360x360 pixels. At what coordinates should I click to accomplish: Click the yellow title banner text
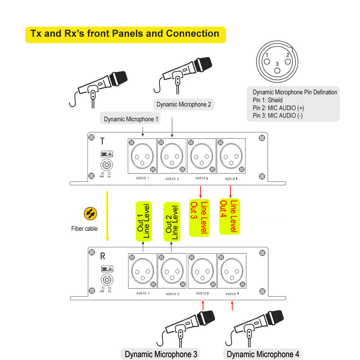125,34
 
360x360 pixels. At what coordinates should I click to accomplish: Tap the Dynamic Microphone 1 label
131,119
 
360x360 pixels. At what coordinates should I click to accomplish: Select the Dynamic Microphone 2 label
184,105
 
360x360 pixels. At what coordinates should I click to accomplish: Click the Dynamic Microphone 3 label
158,354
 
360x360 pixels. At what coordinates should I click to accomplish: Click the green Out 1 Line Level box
143,221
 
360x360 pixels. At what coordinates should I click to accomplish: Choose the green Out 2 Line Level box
171,222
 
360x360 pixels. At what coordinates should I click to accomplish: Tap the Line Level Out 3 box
199,218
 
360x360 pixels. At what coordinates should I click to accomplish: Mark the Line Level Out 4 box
230,217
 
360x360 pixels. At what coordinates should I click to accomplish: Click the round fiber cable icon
90,213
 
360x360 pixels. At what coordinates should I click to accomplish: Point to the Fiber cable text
84,229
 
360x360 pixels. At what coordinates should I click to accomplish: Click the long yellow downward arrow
107,216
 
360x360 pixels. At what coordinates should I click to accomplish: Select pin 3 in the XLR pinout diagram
277,70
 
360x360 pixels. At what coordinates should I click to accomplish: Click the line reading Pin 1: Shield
267,100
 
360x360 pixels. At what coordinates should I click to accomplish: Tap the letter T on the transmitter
103,141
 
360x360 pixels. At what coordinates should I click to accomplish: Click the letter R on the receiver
103,256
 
